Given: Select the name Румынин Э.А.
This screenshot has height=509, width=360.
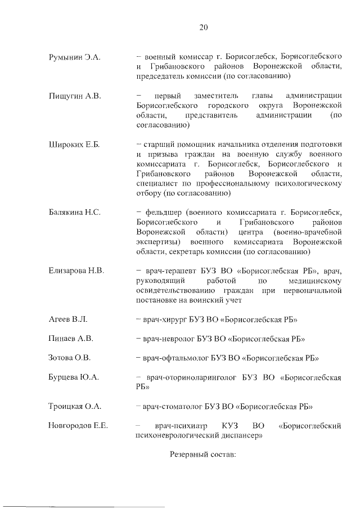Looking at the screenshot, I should click(75, 57).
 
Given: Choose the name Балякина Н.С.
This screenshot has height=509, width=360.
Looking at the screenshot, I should click(75, 212).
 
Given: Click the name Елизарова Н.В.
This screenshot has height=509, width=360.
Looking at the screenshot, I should click(77, 271).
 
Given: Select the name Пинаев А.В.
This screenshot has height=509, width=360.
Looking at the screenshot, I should click(71, 339).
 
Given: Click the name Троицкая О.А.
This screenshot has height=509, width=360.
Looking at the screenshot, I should click(75, 406).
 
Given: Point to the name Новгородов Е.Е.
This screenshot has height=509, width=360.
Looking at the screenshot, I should click(78, 425).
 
